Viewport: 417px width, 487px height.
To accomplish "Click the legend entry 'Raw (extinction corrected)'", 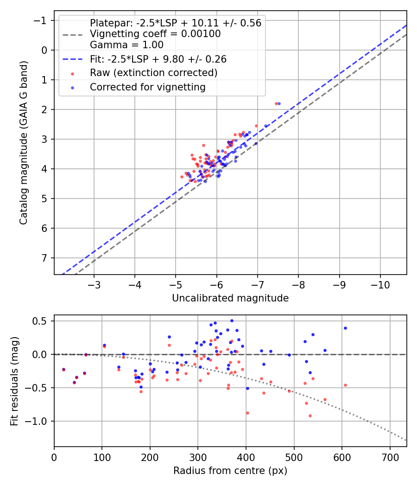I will coord(153,73).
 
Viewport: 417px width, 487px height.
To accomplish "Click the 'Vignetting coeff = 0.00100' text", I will coord(155,34).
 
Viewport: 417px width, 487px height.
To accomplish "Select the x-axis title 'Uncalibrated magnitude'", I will coord(230,298).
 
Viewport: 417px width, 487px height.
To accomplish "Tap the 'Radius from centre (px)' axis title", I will coord(230,471).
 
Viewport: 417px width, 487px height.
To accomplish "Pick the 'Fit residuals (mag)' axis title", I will coord(14,381).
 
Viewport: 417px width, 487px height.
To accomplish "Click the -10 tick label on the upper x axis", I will coord(380,283).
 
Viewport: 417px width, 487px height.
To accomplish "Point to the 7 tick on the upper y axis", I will coord(45,258).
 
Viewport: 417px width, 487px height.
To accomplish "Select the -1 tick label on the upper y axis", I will coord(42,20).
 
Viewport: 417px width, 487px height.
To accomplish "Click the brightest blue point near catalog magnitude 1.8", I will coord(279,103).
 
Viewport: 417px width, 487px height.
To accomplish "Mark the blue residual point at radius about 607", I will coord(345,328).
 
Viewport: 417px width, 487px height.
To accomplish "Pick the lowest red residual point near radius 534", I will coord(310,416).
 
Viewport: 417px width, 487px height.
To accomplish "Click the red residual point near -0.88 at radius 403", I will coord(247,413).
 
